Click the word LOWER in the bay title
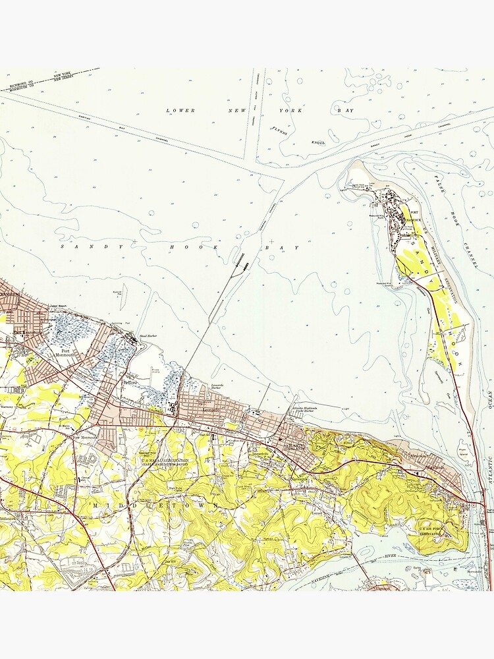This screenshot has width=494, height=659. (181, 111)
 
